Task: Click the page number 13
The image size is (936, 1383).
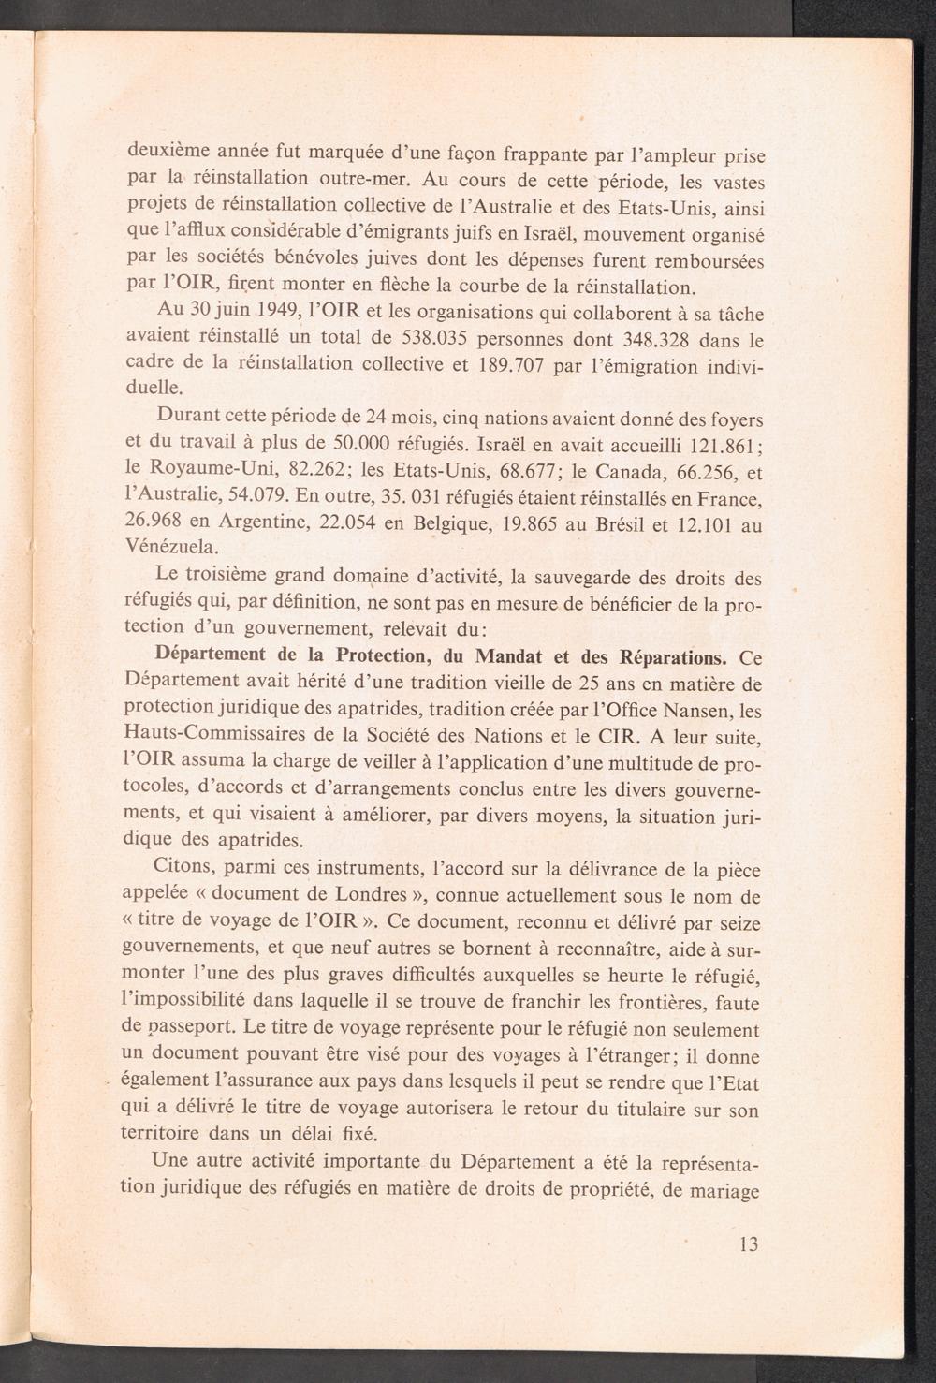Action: point(748,1244)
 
